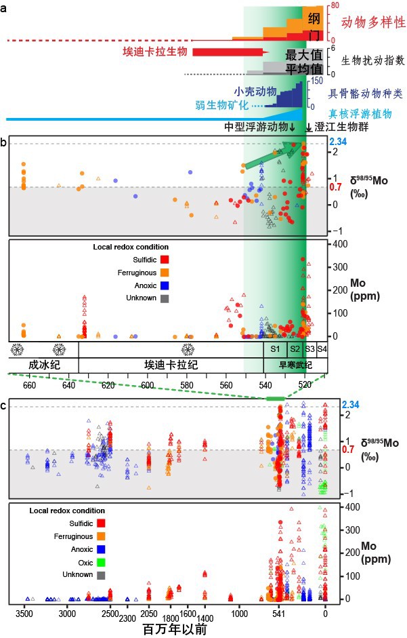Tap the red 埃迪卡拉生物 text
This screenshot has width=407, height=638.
[x=154, y=52]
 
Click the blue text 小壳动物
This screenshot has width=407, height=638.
[x=253, y=91]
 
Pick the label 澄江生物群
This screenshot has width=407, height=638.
[x=339, y=127]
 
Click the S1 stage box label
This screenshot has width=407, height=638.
[x=275, y=348]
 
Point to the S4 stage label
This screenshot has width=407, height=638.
[x=322, y=348]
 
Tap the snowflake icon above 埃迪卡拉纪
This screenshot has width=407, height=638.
[x=184, y=349]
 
